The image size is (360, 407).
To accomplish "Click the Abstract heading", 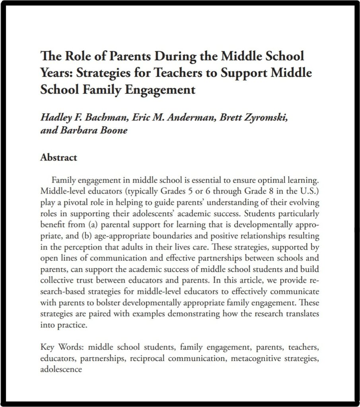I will tap(58, 157).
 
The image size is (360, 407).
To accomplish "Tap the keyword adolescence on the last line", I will tap(61, 369).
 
